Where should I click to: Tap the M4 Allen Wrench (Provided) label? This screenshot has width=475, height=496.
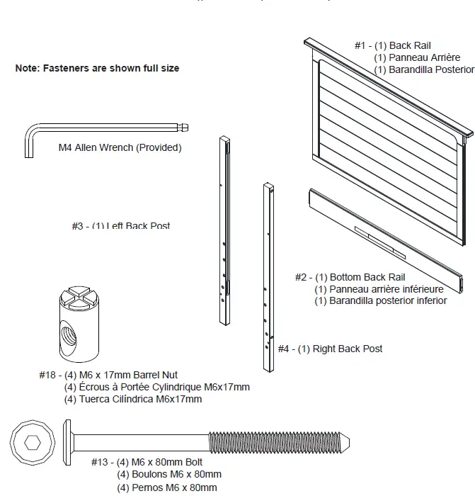[x=120, y=148]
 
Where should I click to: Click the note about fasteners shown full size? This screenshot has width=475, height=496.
[x=97, y=69]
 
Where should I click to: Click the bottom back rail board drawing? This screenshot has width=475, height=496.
[x=386, y=241]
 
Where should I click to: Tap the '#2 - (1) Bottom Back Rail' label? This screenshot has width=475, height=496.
[x=350, y=277]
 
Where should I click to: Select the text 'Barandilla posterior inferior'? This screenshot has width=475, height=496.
[x=381, y=300]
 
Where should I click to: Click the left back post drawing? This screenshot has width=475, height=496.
[x=224, y=230]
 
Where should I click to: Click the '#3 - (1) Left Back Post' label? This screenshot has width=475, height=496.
[x=120, y=226]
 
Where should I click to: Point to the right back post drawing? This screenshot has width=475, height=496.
[x=268, y=276]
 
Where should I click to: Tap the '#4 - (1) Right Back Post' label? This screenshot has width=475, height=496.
[x=330, y=349]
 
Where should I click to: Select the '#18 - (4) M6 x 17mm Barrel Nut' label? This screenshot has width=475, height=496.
[x=108, y=375]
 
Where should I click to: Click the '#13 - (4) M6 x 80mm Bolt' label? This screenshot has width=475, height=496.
[x=156, y=462]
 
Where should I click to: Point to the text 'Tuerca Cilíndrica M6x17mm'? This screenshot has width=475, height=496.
[x=133, y=399]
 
